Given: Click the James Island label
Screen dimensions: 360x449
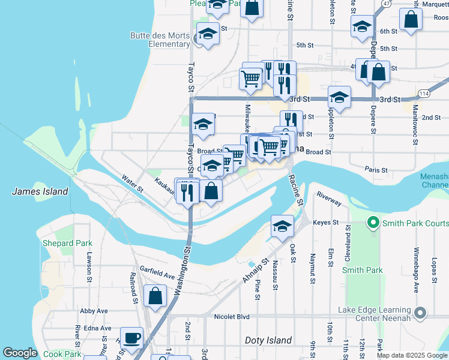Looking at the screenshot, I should click(40, 191).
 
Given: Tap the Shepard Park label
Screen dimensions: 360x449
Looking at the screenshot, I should click(67, 243).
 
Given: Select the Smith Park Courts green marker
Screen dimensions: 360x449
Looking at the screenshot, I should click(373, 224).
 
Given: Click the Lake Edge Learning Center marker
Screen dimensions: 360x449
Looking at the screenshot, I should click(420, 313).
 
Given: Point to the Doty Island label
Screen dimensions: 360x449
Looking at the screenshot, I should click(268, 340).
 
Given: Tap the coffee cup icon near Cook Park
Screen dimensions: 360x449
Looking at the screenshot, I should click(131, 337).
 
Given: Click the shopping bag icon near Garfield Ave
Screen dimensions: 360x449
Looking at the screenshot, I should click(155, 296).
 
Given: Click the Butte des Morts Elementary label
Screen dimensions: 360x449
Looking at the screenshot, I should click(160, 40).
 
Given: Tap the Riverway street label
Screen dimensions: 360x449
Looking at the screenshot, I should click(329, 196).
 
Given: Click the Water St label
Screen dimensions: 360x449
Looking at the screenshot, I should click(132, 183).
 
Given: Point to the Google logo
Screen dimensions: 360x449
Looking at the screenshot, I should click(20, 353).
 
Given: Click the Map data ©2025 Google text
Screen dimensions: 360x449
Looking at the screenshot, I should click(412, 355).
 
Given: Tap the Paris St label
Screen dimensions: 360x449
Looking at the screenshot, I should click(376, 170).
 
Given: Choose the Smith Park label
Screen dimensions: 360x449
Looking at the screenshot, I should click(363, 270).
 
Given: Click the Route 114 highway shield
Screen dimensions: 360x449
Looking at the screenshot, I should click(424, 93).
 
